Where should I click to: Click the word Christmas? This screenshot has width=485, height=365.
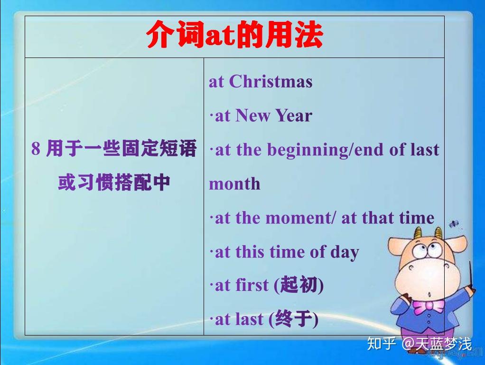[x=270, y=82]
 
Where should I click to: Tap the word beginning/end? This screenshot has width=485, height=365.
[x=326, y=150]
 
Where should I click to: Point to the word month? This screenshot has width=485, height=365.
[x=234, y=184]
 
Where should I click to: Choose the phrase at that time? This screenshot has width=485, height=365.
[x=388, y=218]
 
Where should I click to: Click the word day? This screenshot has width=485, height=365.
[x=345, y=252]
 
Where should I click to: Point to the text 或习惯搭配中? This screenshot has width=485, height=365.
[x=114, y=183]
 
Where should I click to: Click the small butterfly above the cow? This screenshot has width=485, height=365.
[x=454, y=223]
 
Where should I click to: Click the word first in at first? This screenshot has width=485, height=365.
[x=252, y=286]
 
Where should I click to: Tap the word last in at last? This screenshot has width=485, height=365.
[x=249, y=319]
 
